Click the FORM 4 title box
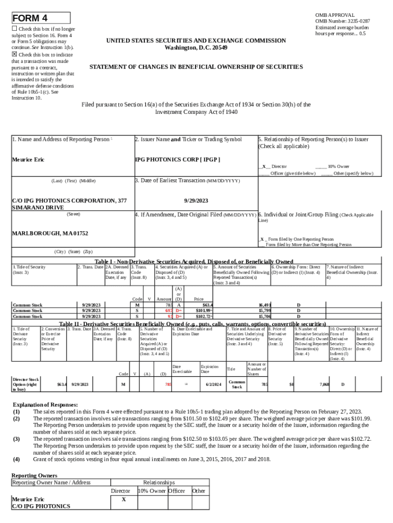click(x=40, y=18)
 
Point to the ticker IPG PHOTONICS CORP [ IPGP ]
click(x=177, y=160)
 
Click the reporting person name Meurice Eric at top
click(x=28, y=160)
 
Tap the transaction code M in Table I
click(x=137, y=305)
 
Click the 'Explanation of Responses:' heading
click(x=45, y=405)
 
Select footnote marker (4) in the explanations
click(x=16, y=459)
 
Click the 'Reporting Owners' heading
click(x=34, y=475)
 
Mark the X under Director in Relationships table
click(x=123, y=500)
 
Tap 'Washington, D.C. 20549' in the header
click(x=196, y=47)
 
